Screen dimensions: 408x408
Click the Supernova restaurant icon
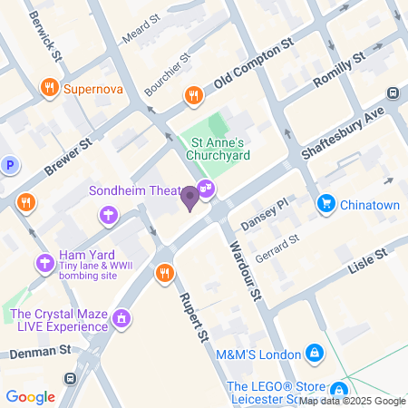[49, 89]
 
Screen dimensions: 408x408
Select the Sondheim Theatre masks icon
[207, 189]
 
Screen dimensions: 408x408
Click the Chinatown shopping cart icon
[325, 205]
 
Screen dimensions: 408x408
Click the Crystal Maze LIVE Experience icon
[121, 320]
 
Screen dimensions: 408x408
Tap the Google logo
[30, 396]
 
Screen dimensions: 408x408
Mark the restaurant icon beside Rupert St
[164, 272]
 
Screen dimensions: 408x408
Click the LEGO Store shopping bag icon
[339, 387]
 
